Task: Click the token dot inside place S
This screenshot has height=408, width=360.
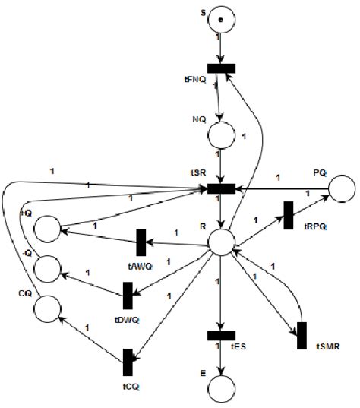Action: tap(220, 19)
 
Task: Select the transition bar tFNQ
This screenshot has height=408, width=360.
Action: tap(221, 68)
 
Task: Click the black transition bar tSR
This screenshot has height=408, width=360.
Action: tap(221, 188)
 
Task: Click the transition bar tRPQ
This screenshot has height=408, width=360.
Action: tap(289, 215)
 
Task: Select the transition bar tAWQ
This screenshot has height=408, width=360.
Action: tap(141, 242)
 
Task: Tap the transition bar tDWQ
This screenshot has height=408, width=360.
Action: tap(128, 295)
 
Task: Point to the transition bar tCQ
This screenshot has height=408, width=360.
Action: tap(128, 362)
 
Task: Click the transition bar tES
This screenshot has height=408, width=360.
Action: tap(221, 335)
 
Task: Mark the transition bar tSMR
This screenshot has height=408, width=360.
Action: tap(302, 336)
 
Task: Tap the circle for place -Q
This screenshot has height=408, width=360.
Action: tap(47, 267)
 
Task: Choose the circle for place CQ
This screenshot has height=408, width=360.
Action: tap(47, 307)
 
